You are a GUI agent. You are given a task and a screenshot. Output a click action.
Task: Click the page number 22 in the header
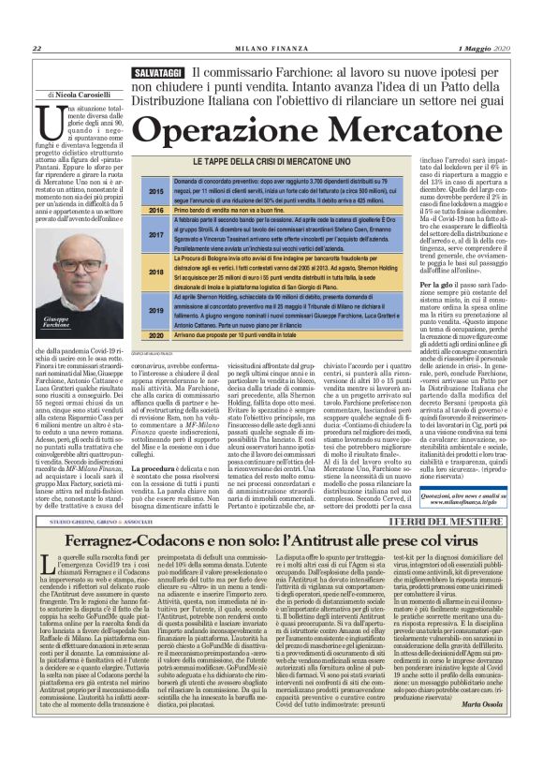point(37,48)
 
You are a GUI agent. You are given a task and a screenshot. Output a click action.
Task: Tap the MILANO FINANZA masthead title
point(271,48)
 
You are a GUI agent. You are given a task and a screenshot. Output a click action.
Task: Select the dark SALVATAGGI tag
point(157,72)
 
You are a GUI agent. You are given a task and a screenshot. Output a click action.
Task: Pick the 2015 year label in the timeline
point(156,190)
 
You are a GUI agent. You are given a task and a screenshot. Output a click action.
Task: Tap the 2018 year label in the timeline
point(156,273)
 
